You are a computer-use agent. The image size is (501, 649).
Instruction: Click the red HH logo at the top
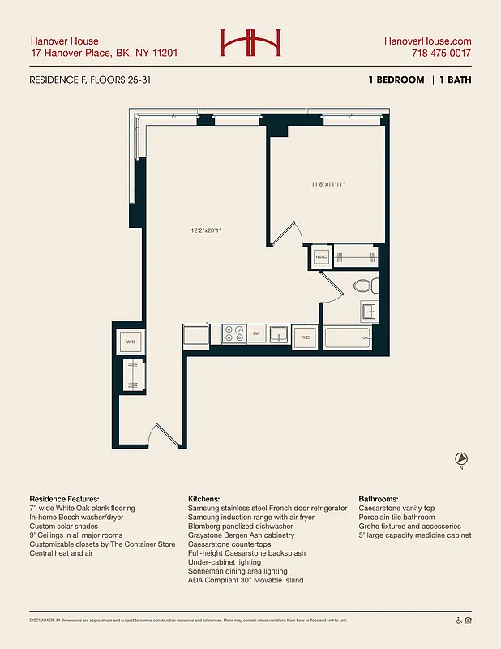250,44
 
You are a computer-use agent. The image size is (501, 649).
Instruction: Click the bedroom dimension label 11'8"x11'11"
328,184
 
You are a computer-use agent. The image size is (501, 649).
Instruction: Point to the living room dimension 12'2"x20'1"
206,230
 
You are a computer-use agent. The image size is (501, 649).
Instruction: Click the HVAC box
320,258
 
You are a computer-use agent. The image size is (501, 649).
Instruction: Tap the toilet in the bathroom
365,286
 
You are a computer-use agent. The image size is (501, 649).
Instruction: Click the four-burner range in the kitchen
233,333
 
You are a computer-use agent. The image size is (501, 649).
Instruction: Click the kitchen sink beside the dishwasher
279,334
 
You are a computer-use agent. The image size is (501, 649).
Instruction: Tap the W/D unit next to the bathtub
306,337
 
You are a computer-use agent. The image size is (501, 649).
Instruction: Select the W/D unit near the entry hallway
131,342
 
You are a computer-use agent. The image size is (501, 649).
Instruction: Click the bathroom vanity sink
369,310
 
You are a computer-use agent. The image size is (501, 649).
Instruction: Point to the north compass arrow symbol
461,458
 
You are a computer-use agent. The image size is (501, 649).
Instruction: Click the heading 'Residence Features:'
64,499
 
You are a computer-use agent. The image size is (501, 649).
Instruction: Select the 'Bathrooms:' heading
382,499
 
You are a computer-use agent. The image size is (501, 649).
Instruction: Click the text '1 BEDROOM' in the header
396,80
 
